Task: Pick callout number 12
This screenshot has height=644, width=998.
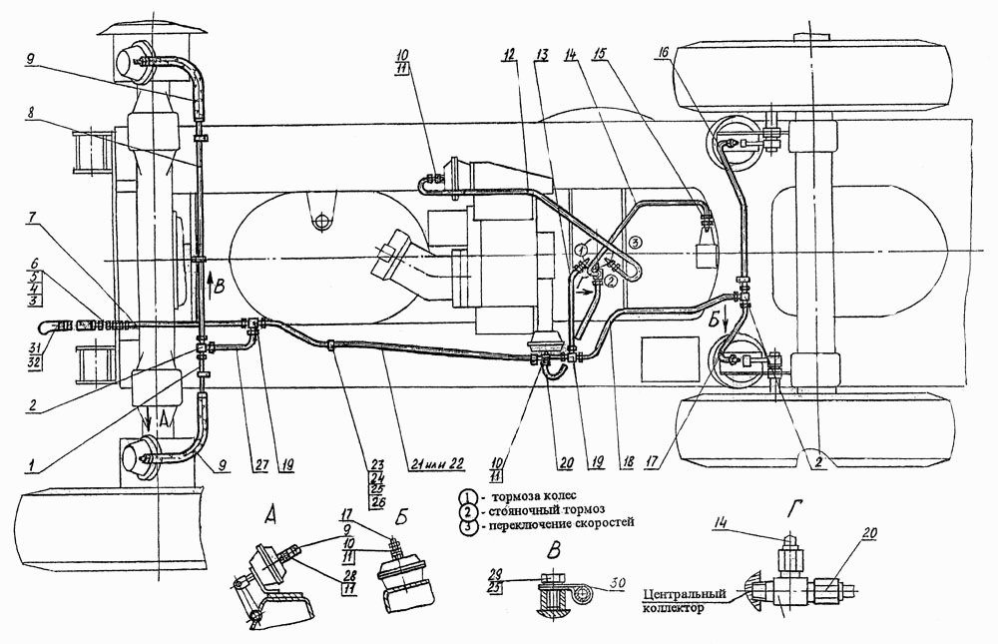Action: coord(509,55)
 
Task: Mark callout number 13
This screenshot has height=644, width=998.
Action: coord(542,55)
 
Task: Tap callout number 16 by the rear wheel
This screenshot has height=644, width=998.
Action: coord(664,55)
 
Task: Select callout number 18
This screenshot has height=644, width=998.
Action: coord(627,463)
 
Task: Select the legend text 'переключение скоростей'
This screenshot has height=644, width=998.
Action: coord(563,523)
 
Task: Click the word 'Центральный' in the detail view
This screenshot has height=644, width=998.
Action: coord(685,594)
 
